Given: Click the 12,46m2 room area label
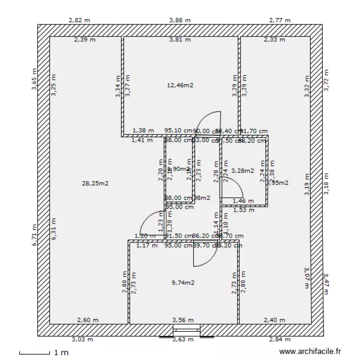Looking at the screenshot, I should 180,85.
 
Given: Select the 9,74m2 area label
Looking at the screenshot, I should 183,283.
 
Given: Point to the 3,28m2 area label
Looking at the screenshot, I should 242,170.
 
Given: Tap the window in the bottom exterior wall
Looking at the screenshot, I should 187,330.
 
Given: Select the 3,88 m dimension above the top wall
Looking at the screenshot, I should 180,20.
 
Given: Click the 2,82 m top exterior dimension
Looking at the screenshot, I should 79,20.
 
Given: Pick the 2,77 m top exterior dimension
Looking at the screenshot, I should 280,20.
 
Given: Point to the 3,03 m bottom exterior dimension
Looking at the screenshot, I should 82,339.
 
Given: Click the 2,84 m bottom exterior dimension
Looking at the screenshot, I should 279,339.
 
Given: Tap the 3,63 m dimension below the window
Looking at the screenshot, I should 183,340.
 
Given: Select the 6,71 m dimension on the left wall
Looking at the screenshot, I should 35,235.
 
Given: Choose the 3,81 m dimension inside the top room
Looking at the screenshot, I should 180,40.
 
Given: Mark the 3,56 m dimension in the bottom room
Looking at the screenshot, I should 183,320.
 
